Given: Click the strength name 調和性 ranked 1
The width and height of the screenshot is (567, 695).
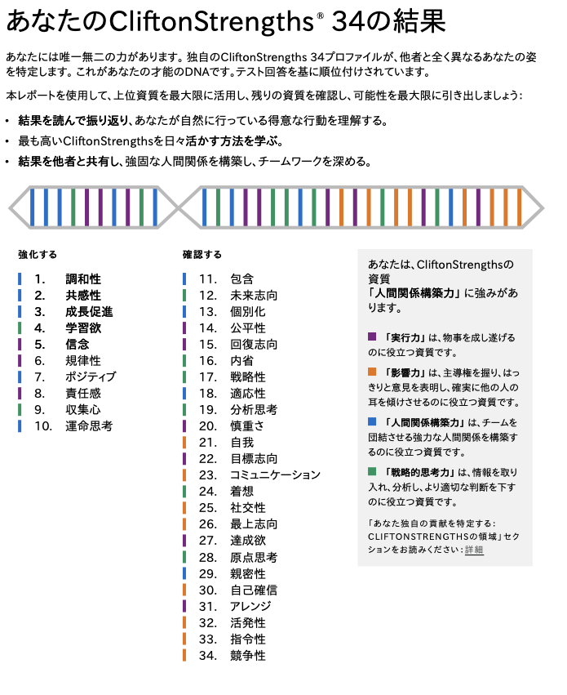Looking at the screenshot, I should (x=83, y=279).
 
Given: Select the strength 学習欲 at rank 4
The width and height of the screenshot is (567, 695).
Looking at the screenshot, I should (x=83, y=328).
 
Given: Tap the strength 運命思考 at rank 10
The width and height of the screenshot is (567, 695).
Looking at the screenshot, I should (x=89, y=426).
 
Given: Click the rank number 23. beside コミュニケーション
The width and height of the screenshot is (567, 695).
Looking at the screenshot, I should (x=207, y=475).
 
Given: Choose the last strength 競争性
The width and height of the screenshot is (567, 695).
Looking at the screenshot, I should (x=248, y=655).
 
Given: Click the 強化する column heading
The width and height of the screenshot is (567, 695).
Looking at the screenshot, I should (x=38, y=254).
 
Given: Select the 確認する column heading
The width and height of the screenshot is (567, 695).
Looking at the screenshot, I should (x=202, y=254).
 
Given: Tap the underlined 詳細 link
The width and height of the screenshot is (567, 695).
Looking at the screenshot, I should (x=474, y=550).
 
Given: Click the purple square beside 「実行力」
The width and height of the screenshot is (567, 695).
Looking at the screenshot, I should (x=372, y=336).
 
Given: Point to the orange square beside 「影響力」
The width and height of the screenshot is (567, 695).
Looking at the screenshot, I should (x=372, y=372).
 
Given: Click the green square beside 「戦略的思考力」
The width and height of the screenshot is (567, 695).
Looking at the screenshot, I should (x=372, y=472).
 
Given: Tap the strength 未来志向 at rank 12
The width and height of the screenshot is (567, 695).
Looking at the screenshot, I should (x=254, y=296).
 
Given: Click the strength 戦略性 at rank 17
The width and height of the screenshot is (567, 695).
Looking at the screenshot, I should (x=248, y=377).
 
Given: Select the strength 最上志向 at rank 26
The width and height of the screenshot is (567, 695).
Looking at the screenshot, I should (x=254, y=524).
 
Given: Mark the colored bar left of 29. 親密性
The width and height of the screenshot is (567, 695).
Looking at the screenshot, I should (x=184, y=573).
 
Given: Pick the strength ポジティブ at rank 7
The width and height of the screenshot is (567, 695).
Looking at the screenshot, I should (x=91, y=377).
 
